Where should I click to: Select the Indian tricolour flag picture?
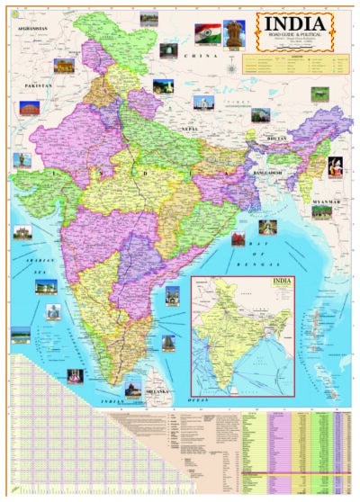pyautogui.click(x=207, y=33)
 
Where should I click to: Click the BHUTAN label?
pyautogui.click(x=275, y=139)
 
